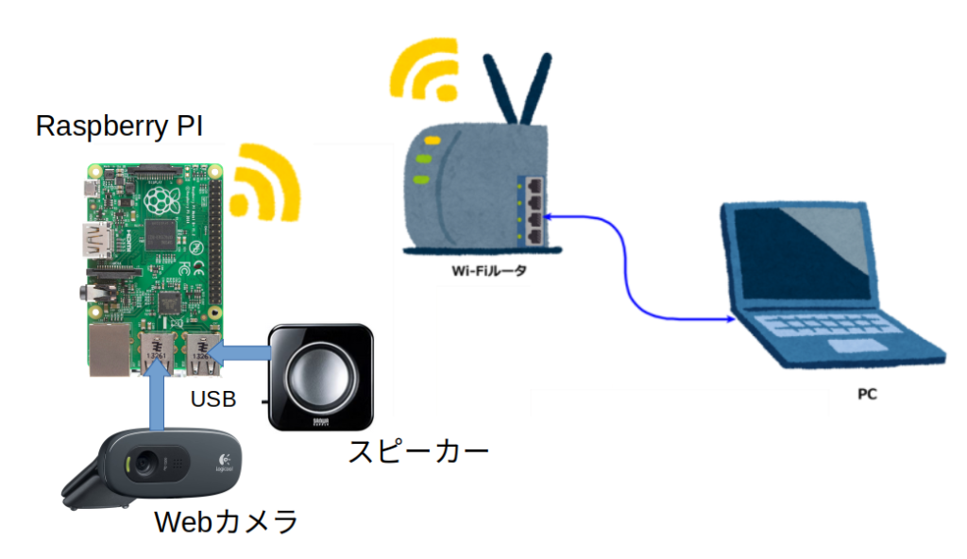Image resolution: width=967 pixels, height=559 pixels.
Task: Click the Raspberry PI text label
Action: pyautogui.click(x=119, y=127)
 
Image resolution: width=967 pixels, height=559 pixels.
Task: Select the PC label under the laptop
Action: pyautogui.click(x=866, y=394)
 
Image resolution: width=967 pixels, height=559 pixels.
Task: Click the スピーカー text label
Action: pyautogui.click(x=418, y=450)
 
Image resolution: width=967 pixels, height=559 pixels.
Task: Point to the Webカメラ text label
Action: pyautogui.click(x=226, y=521)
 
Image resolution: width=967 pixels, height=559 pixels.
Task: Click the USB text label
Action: pyautogui.click(x=212, y=399)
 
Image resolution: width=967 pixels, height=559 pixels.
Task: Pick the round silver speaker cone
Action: pyautogui.click(x=320, y=375)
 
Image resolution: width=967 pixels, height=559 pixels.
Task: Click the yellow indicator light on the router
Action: pyautogui.click(x=433, y=140)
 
